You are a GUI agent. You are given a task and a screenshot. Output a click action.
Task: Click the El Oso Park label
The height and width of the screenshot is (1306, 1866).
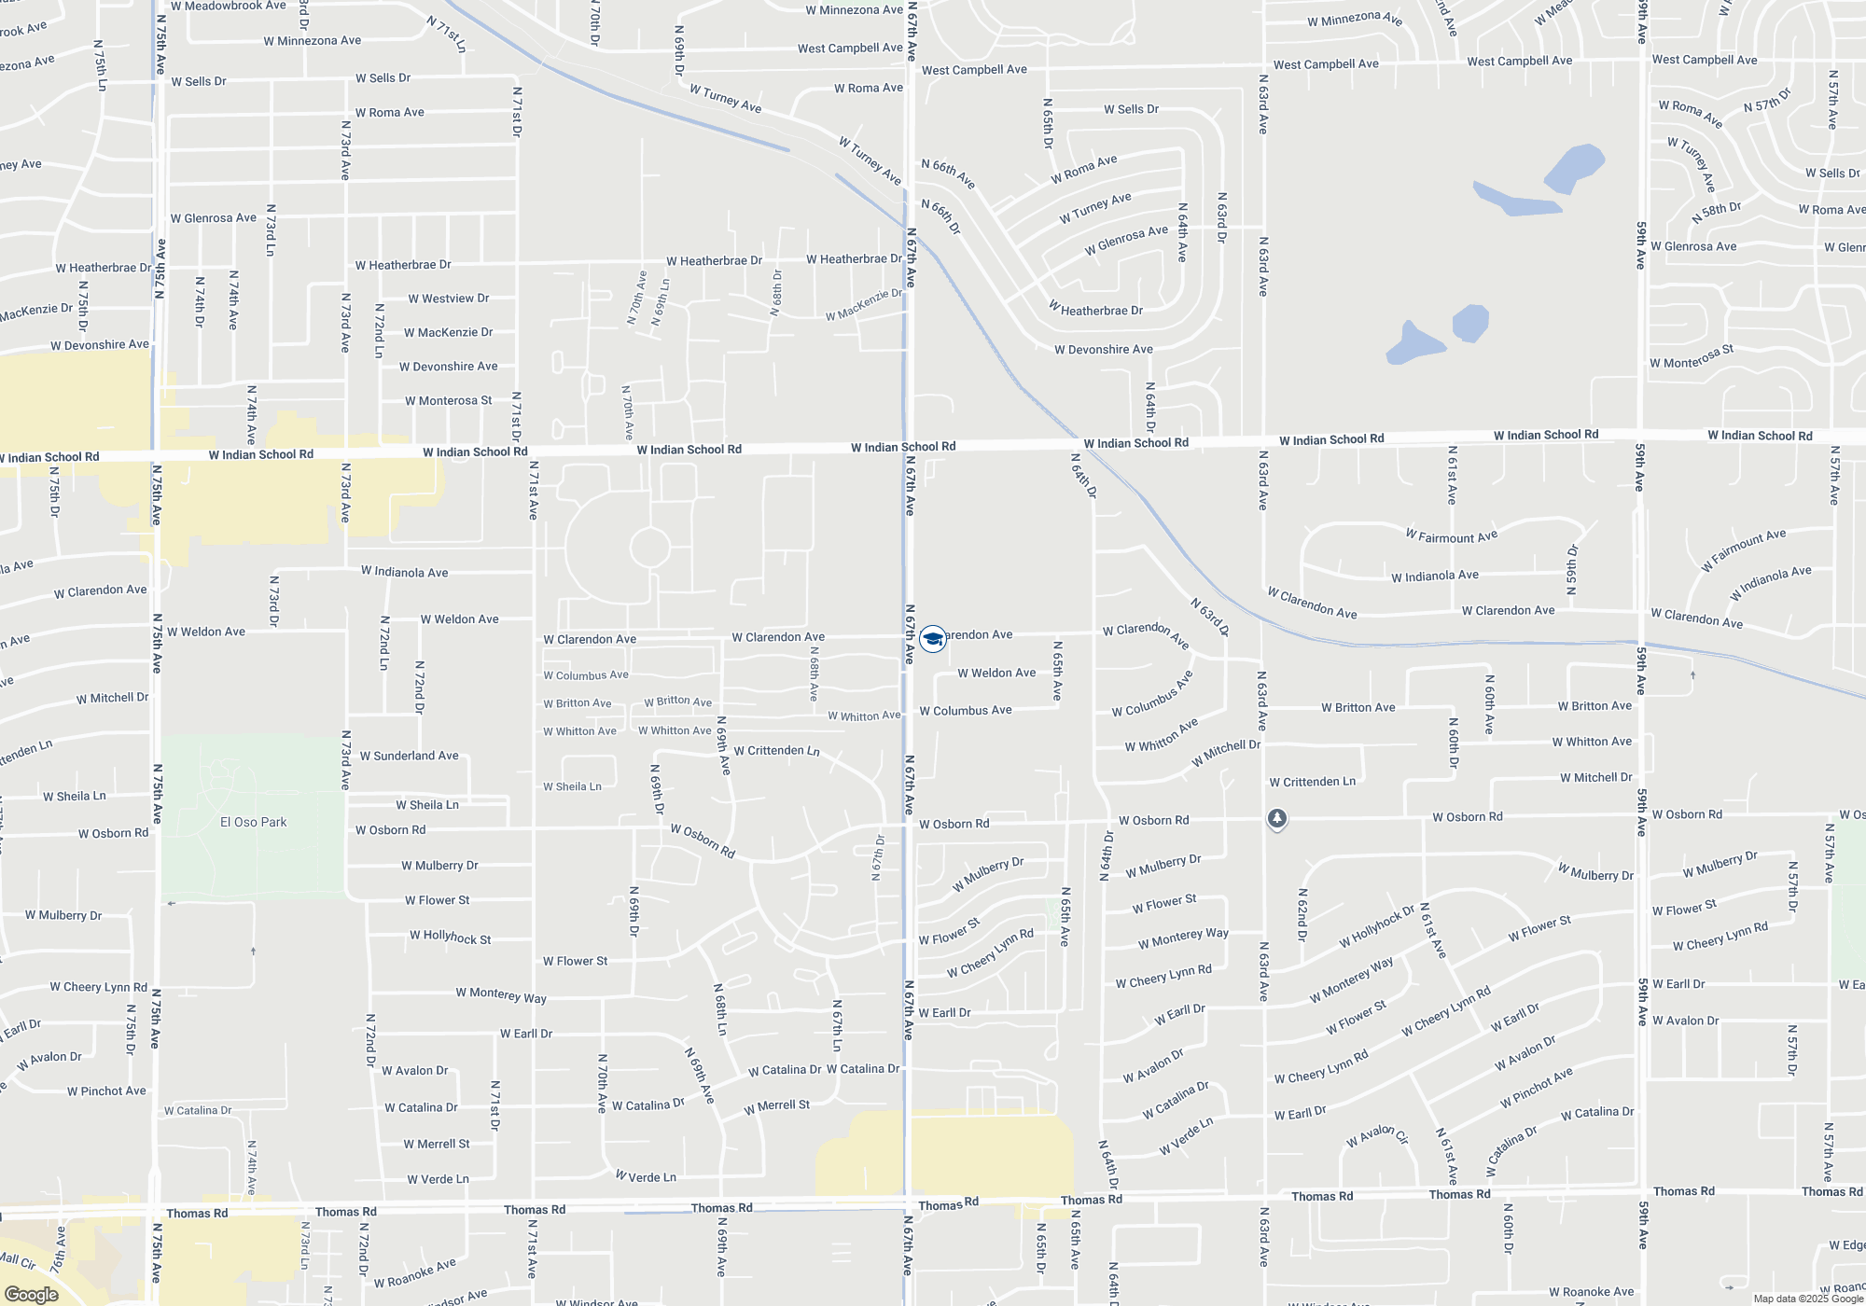[x=253, y=822]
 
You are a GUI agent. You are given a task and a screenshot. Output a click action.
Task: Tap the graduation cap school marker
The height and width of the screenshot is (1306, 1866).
[x=932, y=639]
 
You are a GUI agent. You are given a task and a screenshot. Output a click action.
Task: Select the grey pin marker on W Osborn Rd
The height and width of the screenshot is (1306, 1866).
[x=1277, y=819]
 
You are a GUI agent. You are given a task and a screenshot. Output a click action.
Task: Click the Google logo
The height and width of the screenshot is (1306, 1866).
[x=32, y=1295]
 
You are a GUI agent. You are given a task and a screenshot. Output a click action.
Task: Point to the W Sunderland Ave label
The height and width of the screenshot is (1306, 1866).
[x=409, y=756]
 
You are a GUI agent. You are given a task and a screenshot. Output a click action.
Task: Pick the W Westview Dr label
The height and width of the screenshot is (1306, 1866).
[x=448, y=299]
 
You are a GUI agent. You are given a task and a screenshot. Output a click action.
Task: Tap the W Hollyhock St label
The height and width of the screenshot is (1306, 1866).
[x=450, y=937]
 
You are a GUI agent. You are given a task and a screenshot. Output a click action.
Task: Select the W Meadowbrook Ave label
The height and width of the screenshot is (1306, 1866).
[x=228, y=6]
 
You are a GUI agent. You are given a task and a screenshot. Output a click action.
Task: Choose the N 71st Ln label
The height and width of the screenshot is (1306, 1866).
[x=447, y=34]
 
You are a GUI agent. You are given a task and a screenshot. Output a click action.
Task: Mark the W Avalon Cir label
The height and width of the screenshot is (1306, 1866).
[x=1377, y=1135]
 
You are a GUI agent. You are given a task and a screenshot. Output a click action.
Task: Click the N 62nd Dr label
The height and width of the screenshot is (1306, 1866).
[x=1302, y=914]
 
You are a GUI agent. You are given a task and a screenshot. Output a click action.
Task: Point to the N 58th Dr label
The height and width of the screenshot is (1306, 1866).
[x=1716, y=213]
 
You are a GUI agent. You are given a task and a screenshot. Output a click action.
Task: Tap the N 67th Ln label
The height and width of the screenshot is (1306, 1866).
[x=837, y=1026]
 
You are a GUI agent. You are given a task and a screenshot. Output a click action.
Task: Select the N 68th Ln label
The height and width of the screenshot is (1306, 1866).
[x=720, y=1009]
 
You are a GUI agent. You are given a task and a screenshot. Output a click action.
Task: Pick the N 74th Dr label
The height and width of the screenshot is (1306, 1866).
[x=200, y=301]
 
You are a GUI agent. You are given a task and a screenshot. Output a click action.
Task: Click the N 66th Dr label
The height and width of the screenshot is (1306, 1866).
[x=940, y=216]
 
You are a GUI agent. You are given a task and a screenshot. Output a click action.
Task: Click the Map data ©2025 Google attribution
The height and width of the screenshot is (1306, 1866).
[x=1808, y=1299]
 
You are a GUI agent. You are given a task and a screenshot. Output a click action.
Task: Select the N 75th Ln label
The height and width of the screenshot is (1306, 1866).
[x=100, y=65]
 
